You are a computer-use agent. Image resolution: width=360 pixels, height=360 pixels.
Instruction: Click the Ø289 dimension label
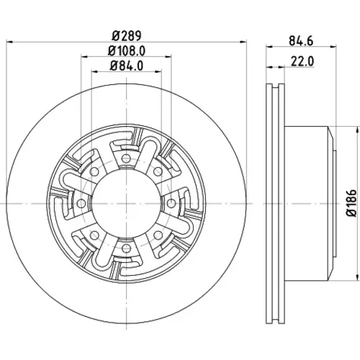pyautogui.click(x=127, y=36)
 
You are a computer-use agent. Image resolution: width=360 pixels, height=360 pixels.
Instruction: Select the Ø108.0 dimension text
pyautogui.click(x=127, y=51)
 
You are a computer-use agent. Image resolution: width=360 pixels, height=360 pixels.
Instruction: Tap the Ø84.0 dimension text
pyautogui.click(x=127, y=66)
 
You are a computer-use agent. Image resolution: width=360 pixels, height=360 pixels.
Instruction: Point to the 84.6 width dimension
pyautogui.click(x=301, y=41)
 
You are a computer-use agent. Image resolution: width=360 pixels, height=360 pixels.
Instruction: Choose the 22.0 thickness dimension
pyautogui.click(x=302, y=61)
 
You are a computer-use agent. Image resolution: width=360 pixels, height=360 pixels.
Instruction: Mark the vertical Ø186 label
pyautogui.click(x=352, y=203)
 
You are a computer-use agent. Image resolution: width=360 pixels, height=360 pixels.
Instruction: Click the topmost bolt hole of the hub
pyautogui.click(x=126, y=158)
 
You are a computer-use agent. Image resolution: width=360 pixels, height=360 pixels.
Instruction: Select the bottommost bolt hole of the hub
pyautogui.click(x=126, y=248)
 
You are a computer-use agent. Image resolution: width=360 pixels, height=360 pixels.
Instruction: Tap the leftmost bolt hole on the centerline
pyautogui.click(x=81, y=204)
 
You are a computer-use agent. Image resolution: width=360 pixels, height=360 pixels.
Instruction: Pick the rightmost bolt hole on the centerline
pyautogui.click(x=171, y=204)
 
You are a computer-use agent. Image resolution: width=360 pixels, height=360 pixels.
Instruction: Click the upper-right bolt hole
pyautogui.click(x=158, y=171)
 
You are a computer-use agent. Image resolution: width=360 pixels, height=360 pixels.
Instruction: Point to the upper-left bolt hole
pyautogui.click(x=94, y=171)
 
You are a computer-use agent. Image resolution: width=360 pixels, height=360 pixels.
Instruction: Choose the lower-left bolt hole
pyautogui.click(x=94, y=235)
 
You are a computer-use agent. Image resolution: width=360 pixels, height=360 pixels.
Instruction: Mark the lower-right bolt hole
pyautogui.click(x=158, y=235)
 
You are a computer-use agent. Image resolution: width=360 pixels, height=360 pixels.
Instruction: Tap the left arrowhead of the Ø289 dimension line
pyautogui.click(x=9, y=42)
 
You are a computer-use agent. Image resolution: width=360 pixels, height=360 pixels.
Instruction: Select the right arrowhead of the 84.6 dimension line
pyautogui.click(x=333, y=47)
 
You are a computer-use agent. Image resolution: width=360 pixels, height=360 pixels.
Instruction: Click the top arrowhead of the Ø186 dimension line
pyautogui.click(x=355, y=130)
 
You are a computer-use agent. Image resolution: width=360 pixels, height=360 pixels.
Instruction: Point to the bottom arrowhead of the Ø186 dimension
pyautogui.click(x=355, y=277)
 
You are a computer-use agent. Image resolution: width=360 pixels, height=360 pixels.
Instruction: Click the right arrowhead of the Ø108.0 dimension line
pyautogui.click(x=168, y=57)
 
